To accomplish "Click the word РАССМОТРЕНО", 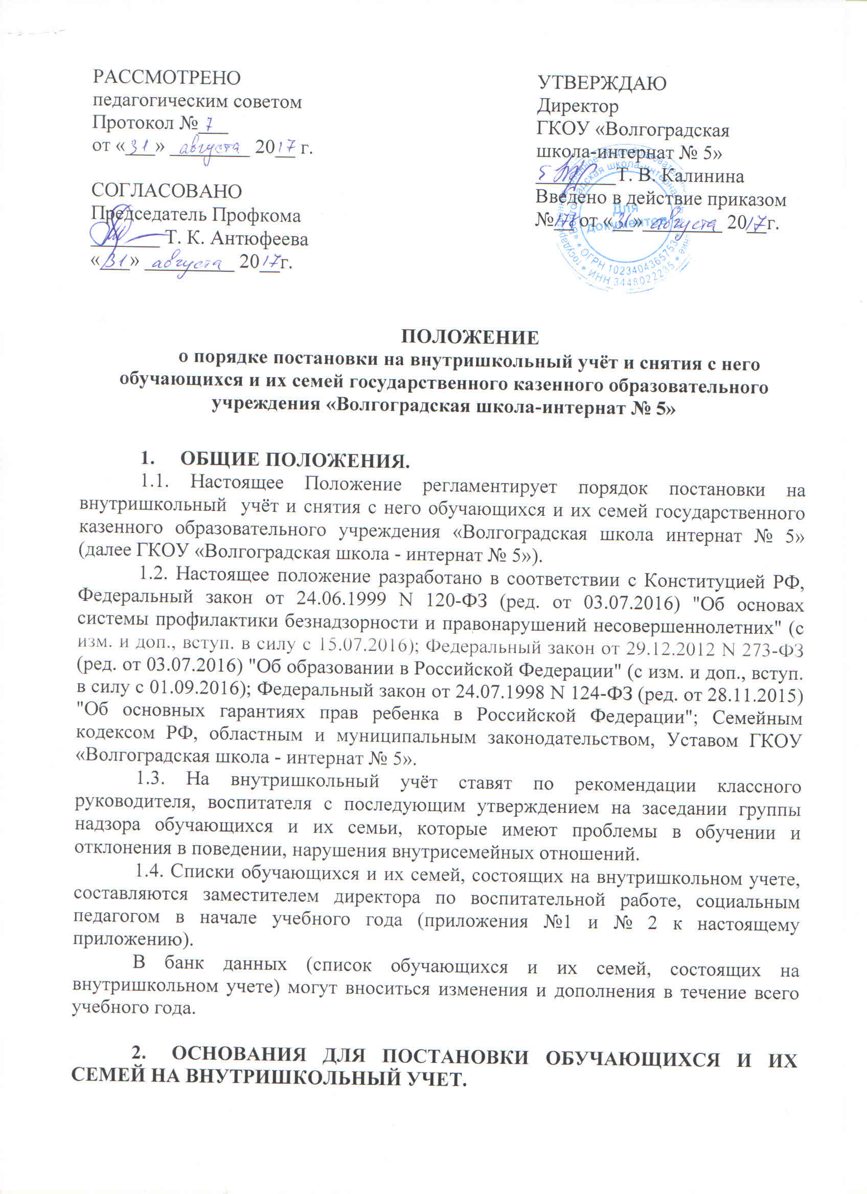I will pos(166,78).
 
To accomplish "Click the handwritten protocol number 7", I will pos(210,124).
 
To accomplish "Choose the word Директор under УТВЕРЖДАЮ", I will pos(578,106).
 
